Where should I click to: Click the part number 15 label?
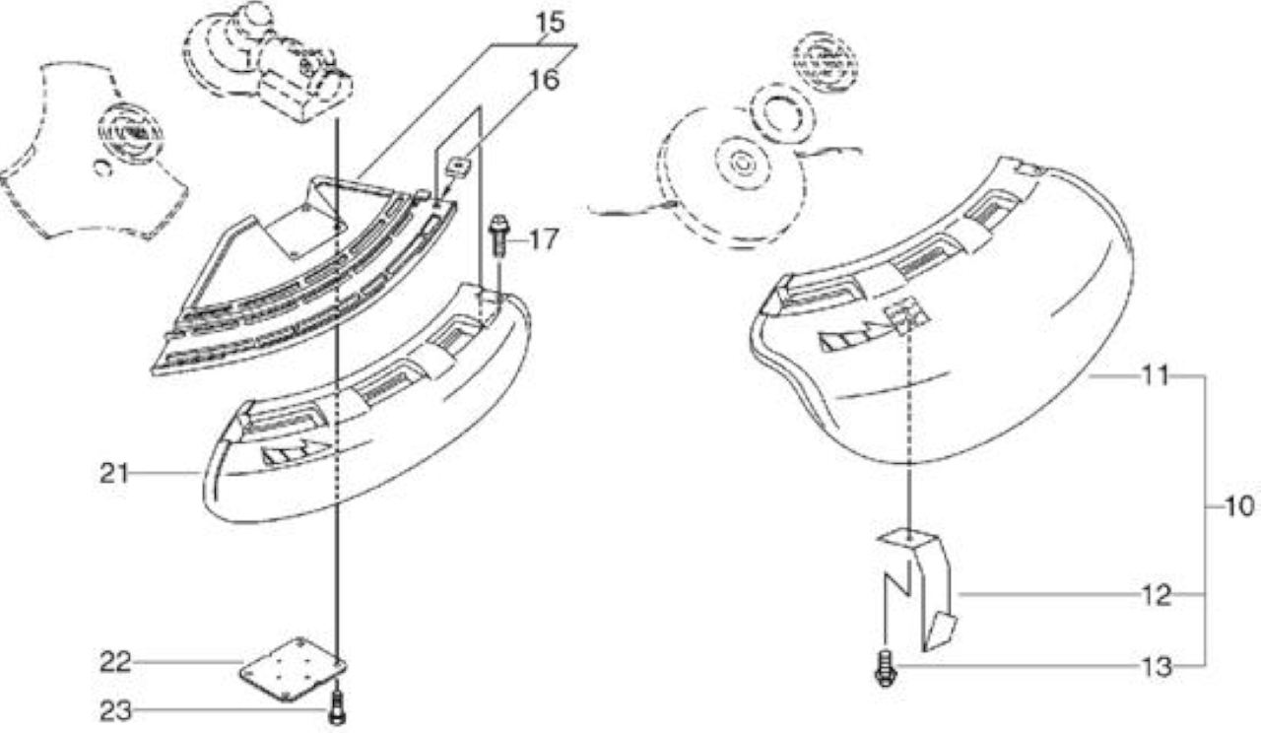point(550,22)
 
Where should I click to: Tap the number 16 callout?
point(545,80)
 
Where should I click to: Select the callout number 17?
point(544,239)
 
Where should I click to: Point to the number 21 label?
point(114,474)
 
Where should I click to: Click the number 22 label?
point(115,662)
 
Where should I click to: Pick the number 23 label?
point(115,710)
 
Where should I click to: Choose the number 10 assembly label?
point(1239,506)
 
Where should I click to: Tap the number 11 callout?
point(1156,375)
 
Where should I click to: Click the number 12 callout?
point(1157,595)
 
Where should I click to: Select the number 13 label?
point(1157,667)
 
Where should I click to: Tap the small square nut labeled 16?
point(460,167)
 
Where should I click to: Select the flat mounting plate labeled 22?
point(293,669)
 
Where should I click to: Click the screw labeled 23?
point(337,708)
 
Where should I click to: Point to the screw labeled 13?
point(885,669)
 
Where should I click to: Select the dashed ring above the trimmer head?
point(782,120)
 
